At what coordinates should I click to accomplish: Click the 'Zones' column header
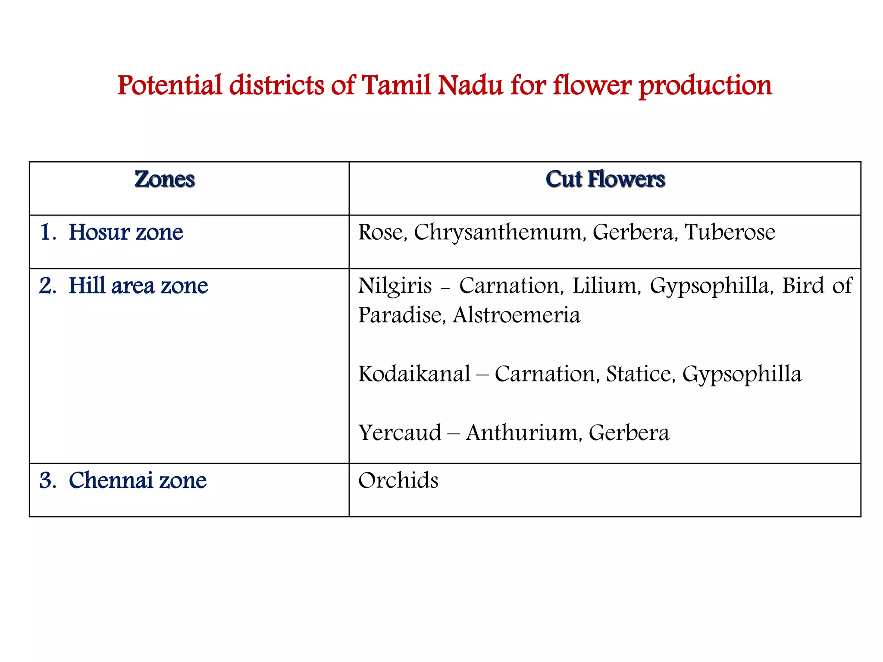(164, 179)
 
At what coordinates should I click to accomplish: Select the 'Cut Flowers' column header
(605, 179)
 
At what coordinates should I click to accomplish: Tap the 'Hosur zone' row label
(125, 232)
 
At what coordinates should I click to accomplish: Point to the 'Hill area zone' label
(138, 286)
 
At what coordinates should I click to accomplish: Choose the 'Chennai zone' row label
(137, 480)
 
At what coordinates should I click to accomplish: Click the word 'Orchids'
(398, 480)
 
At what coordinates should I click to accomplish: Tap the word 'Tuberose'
(730, 232)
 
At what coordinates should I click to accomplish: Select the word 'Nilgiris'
(395, 286)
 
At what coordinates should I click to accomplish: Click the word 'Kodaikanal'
(414, 374)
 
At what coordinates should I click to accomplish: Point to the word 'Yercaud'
(400, 433)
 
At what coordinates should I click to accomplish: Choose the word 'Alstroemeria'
(517, 315)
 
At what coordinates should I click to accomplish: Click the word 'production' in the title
(705, 86)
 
